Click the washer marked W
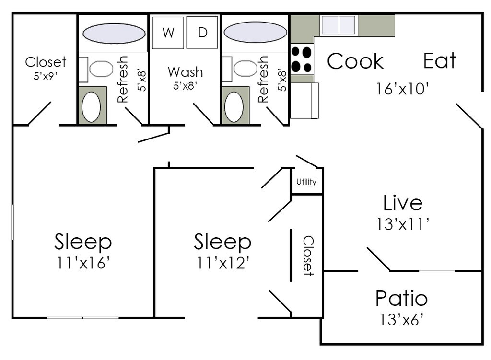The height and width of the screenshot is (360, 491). point(168,33)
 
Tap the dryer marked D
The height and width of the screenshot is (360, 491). point(202,33)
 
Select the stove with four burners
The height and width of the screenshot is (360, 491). point(302,59)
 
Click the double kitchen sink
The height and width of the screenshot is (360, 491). point(339,25)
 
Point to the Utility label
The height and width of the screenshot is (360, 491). point(306,182)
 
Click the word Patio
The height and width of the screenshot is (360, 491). point(401,299)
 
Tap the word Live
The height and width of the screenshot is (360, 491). point(403,203)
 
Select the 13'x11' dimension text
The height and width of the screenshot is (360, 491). point(402,224)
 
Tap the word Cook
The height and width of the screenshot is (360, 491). point(355,61)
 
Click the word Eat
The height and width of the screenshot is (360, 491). point(440,61)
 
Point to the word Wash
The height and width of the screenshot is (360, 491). point(185,72)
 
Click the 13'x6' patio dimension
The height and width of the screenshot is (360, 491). point(402,319)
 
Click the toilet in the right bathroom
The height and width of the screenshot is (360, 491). point(245,69)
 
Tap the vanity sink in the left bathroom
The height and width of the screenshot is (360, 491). point(91,105)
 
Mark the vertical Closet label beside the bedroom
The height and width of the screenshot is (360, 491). point(308,255)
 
